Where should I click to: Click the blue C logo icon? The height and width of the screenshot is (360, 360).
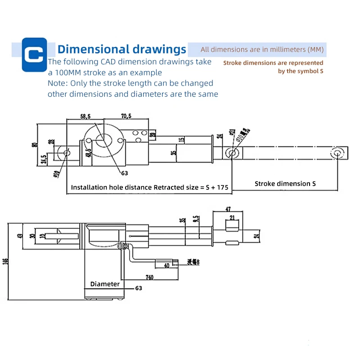click(34, 54)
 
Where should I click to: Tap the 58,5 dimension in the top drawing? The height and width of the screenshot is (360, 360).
click(85, 116)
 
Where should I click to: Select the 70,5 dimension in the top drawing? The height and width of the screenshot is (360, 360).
click(126, 116)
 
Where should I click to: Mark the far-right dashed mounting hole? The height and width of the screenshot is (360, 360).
click(337, 153)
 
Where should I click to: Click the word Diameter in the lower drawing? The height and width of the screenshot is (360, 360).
click(105, 284)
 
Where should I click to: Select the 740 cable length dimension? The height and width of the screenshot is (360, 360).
click(149, 278)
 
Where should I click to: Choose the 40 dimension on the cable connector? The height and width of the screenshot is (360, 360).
click(166, 265)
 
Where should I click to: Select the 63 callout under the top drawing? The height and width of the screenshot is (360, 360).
click(125, 172)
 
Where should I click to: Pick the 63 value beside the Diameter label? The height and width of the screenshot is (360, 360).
click(138, 288)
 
